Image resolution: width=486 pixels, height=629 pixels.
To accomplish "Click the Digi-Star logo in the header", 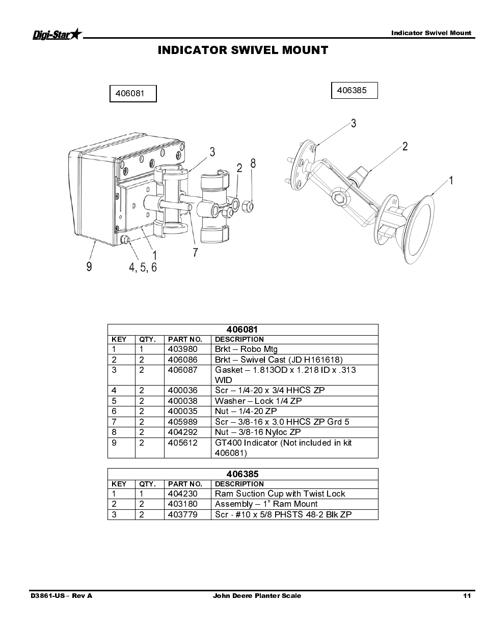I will [57, 34].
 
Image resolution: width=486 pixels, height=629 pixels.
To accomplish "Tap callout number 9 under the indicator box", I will [89, 266].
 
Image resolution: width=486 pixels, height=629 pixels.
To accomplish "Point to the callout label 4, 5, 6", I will [143, 267].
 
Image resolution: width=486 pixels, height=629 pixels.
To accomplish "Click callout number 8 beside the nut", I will [253, 163].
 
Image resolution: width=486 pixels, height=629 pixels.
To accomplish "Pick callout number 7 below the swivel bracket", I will [195, 252].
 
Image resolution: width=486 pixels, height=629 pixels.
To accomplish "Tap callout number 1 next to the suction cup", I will [450, 180].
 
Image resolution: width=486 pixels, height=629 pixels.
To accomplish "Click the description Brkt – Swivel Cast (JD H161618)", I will [279, 360].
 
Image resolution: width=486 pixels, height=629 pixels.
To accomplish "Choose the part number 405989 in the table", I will [182, 422].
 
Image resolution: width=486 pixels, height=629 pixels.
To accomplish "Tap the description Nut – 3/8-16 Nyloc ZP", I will [258, 432].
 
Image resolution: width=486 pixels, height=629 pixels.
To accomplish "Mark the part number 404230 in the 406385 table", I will [182, 494].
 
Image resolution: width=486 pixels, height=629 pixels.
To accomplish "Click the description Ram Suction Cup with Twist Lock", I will [280, 494].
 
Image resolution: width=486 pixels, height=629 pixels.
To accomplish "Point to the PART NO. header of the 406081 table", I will [185, 339].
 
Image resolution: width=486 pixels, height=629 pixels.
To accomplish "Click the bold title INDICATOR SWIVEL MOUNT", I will [242, 50].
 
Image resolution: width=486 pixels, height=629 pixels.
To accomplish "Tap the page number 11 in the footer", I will [467, 596].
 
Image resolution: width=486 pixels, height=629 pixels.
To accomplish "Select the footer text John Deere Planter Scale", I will [257, 596].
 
